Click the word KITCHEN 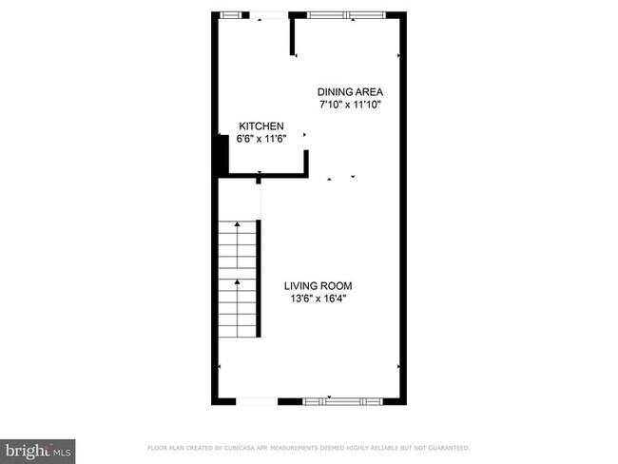pos(261,126)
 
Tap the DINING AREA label pos(350,92)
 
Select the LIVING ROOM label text pos(323,285)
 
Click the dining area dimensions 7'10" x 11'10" pos(350,105)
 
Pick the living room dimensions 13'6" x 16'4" pos(323,299)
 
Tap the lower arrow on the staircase pos(237,283)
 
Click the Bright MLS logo pos(38,449)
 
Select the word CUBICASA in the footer pos(245,447)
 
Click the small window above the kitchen pos(229,14)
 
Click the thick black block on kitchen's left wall pos(219,157)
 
